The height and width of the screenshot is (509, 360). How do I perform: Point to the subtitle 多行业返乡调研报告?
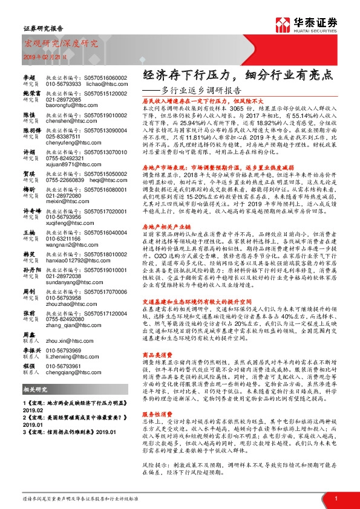click(201, 91)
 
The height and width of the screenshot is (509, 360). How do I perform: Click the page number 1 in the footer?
click(335, 497)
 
